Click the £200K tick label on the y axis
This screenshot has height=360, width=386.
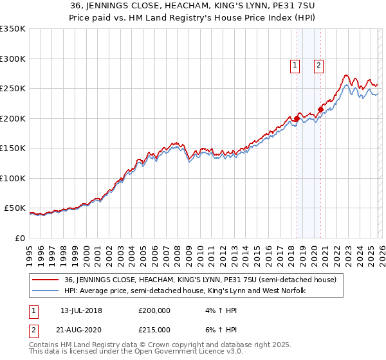tap(13, 118)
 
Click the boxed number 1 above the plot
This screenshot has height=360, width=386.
tap(295, 64)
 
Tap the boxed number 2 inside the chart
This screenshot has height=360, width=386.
tap(318, 64)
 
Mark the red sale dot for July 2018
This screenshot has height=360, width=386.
tap(297, 118)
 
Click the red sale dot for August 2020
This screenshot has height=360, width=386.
tap(320, 109)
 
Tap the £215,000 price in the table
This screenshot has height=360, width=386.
tap(154, 329)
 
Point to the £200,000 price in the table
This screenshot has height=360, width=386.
tap(154, 310)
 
